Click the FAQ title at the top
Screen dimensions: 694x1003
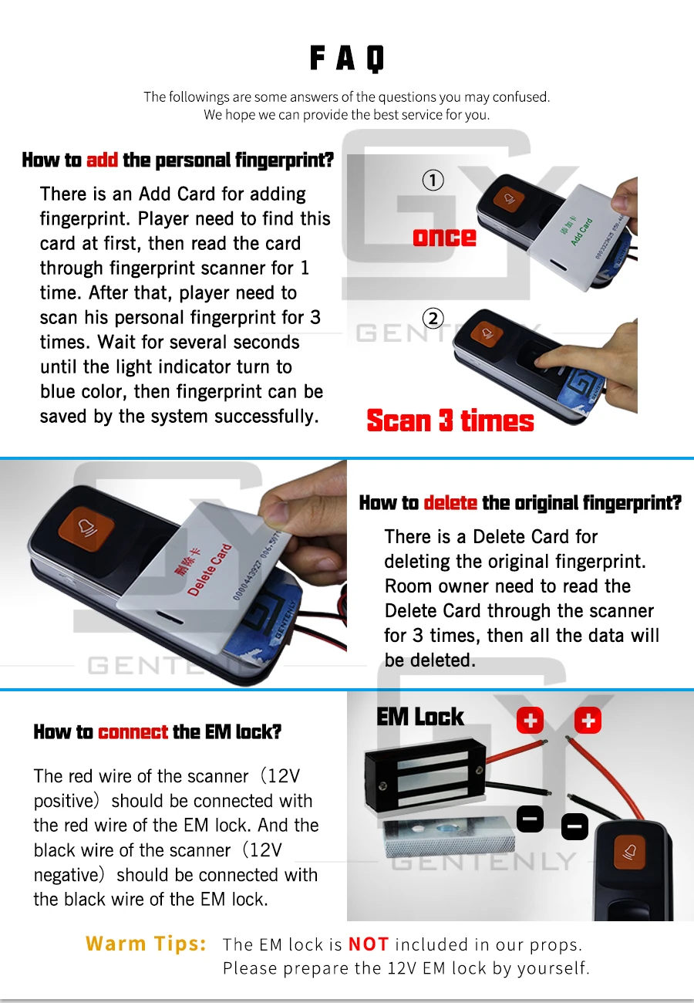point(347,58)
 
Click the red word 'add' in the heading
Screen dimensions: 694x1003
point(102,160)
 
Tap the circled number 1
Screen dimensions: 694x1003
point(433,180)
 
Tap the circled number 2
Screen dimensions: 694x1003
point(433,319)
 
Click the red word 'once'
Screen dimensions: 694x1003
point(444,238)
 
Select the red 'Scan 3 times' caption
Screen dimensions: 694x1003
point(450,421)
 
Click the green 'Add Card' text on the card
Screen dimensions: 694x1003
point(581,231)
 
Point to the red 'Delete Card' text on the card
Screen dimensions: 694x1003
point(210,569)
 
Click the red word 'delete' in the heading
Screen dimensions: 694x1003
point(450,503)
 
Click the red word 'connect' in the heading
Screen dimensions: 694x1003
point(133,732)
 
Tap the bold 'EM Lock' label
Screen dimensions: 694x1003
point(419,717)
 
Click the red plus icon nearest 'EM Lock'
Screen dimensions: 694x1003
point(531,721)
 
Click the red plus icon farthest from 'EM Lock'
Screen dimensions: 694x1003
point(588,721)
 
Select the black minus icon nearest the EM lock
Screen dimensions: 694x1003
point(531,819)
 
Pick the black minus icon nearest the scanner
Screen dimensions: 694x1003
point(574,826)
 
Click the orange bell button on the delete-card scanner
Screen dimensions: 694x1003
point(86,528)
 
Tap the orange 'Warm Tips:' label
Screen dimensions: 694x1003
point(146,943)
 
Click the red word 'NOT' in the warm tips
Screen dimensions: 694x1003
point(369,944)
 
